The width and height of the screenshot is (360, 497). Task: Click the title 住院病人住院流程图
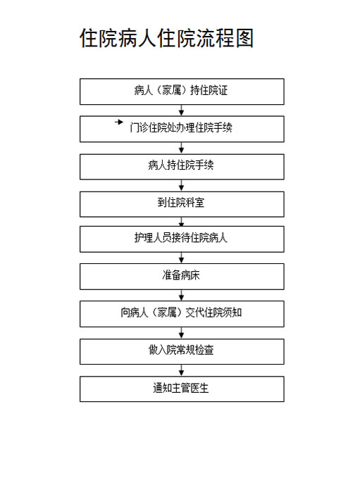pyautogui.click(x=166, y=38)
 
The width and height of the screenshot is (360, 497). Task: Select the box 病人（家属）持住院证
pyautogui.click(x=182, y=92)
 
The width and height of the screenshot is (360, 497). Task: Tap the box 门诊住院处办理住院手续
pyautogui.click(x=182, y=129)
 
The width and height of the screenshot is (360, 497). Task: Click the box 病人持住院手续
pyautogui.click(x=182, y=167)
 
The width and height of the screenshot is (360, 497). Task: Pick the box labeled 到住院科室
pyautogui.click(x=182, y=204)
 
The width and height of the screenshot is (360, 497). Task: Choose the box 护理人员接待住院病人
pyautogui.click(x=182, y=239)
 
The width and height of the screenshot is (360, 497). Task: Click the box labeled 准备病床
pyautogui.click(x=182, y=277)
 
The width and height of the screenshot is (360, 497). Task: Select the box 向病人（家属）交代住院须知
pyautogui.click(x=182, y=314)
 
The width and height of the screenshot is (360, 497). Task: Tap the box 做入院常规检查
pyautogui.click(x=182, y=351)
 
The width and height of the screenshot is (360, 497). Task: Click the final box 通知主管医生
pyautogui.click(x=182, y=389)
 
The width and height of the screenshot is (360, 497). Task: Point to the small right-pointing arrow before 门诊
pyautogui.click(x=119, y=122)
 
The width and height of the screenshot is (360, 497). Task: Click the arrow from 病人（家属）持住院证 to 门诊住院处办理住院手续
pyautogui.click(x=182, y=111)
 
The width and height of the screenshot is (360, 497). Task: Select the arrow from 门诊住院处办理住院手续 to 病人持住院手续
pyautogui.click(x=182, y=148)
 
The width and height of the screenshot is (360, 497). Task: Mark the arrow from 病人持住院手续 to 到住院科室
pyautogui.click(x=182, y=185)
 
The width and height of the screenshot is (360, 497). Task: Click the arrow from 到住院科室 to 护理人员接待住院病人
pyautogui.click(x=182, y=222)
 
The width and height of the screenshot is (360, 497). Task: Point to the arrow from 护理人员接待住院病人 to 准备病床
pyautogui.click(x=182, y=258)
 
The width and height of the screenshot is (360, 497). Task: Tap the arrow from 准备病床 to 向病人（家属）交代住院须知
pyautogui.click(x=182, y=296)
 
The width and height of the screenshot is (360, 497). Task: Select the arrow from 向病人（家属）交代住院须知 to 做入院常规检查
pyautogui.click(x=182, y=333)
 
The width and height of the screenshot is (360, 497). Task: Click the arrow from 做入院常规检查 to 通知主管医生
pyautogui.click(x=182, y=370)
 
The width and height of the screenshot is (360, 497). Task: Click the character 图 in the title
pyautogui.click(x=244, y=38)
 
